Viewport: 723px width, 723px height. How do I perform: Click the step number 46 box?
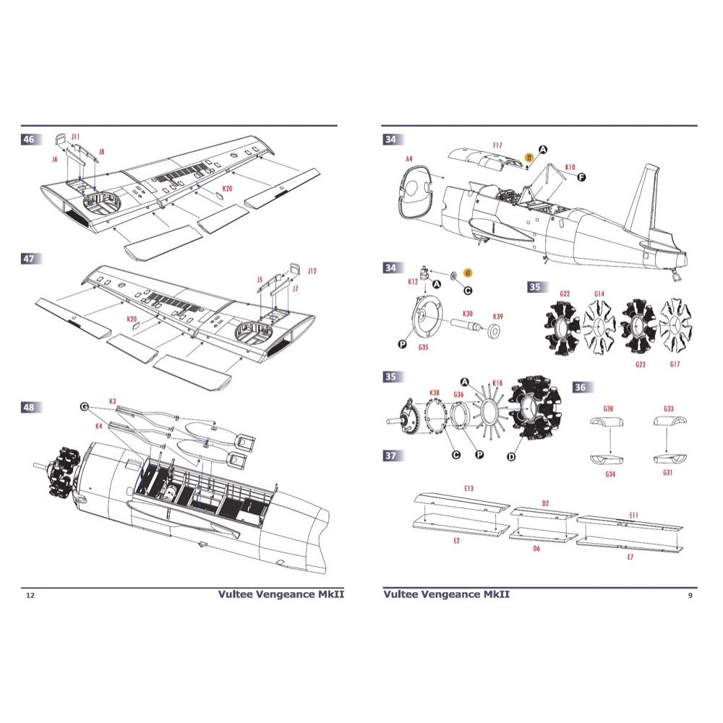coord(30,140)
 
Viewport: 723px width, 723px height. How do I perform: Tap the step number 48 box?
coord(30,408)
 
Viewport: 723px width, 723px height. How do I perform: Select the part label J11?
coord(76,136)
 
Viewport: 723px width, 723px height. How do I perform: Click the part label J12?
coord(312,272)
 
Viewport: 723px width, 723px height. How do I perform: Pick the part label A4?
coord(409,158)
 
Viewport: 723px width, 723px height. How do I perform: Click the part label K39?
coord(498,317)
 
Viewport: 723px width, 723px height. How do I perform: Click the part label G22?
coord(565,294)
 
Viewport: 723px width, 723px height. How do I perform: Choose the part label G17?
coord(675,364)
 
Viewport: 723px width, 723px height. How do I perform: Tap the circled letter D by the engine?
coord(512,457)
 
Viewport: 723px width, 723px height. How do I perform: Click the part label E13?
coord(469,489)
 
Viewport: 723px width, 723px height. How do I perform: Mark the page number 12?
coord(30,595)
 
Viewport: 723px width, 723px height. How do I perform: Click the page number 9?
coord(690,595)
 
